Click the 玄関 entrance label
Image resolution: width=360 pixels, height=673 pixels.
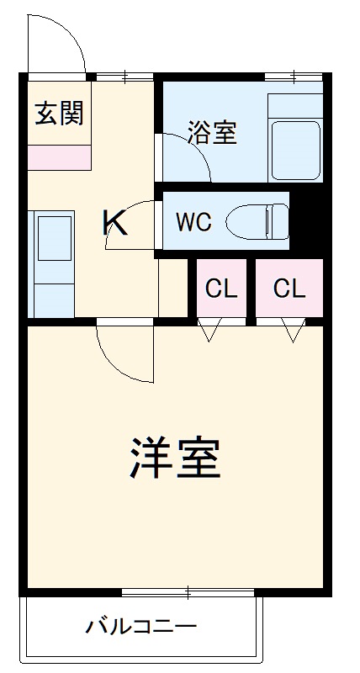[59, 113]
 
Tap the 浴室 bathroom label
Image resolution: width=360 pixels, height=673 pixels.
[212, 132]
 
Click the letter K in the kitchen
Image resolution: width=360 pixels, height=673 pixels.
[115, 223]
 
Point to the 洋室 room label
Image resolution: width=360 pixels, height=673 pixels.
[176, 458]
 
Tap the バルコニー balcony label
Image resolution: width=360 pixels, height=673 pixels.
[141, 627]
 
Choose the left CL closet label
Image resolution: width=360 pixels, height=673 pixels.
[222, 289]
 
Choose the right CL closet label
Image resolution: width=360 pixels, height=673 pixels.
[289, 289]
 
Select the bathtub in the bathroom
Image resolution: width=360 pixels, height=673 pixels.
[295, 148]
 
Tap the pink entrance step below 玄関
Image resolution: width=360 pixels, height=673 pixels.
[59, 157]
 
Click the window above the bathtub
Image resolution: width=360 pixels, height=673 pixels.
[294, 78]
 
